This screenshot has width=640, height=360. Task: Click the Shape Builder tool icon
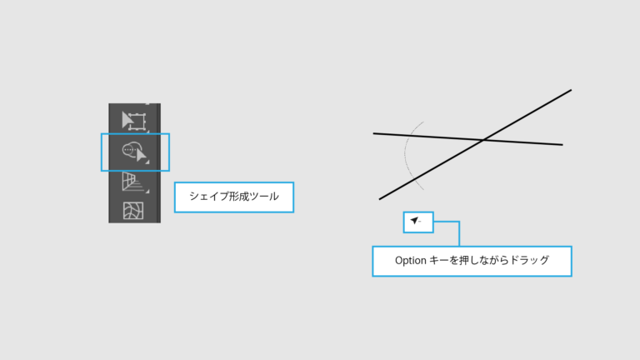coord(134,152)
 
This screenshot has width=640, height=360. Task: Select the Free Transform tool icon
coord(134,121)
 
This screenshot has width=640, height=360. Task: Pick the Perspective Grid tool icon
coord(133,182)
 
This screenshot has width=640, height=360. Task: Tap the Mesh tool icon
coord(133,211)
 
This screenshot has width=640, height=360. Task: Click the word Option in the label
coord(411,260)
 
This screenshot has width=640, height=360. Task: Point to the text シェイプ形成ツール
coord(234,197)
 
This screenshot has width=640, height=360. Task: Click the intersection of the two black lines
coord(483,140)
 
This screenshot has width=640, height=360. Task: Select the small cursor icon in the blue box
coord(416,221)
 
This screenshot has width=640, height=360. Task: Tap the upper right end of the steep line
coord(571,90)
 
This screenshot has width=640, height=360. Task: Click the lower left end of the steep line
coord(380,199)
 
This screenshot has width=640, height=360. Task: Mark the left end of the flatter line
coord(373,133)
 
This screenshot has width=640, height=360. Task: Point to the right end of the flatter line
coord(562,144)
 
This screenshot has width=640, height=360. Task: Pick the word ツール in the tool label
coord(264,197)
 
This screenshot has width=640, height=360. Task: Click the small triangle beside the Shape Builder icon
coord(147,162)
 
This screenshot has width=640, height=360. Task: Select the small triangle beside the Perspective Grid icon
coord(147,191)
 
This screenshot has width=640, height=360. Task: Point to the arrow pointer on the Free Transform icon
coord(127,120)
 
